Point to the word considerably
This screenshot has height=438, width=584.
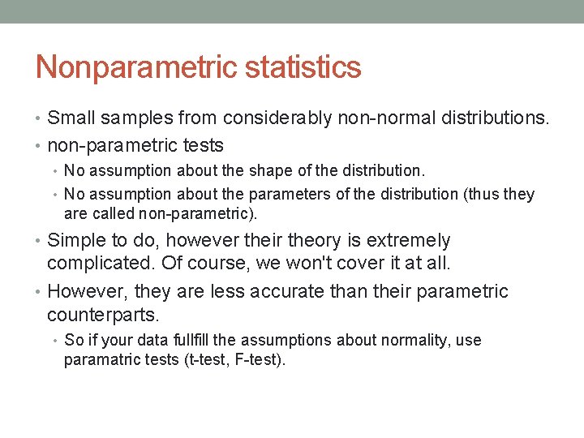[x=277, y=118]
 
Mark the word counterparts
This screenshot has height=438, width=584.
[x=102, y=314]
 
